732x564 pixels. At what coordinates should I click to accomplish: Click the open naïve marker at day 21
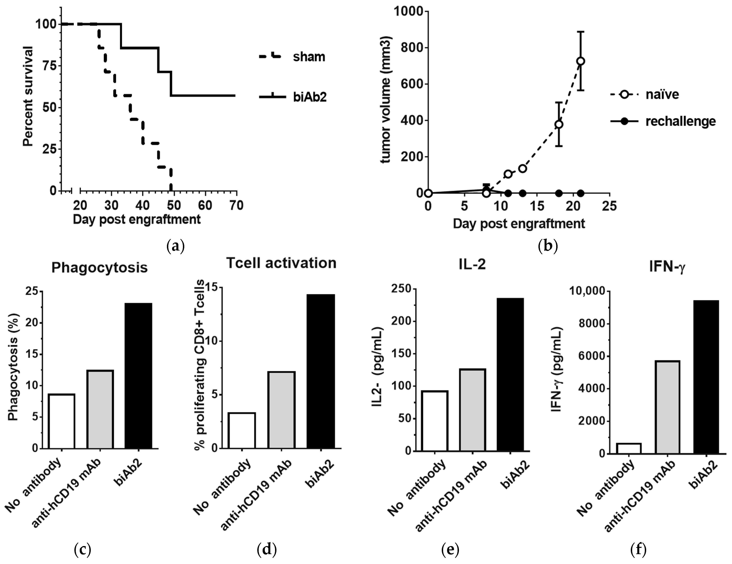point(580,61)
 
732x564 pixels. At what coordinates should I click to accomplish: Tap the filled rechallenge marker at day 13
point(522,193)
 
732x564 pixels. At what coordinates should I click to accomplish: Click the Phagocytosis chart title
point(100,268)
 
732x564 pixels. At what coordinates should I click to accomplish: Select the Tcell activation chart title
point(281,263)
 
